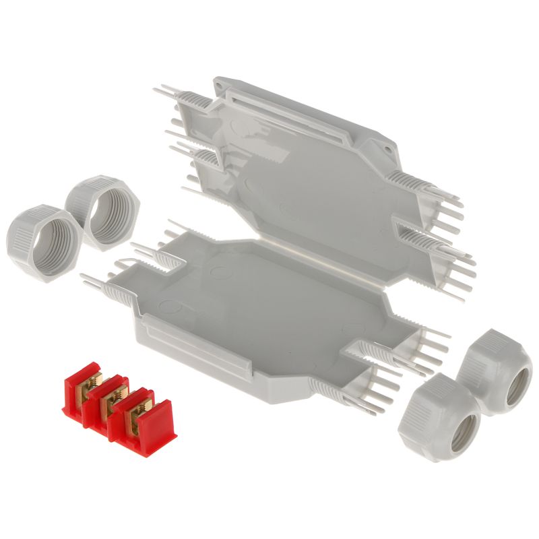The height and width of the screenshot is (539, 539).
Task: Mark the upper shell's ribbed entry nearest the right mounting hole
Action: (411, 182)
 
